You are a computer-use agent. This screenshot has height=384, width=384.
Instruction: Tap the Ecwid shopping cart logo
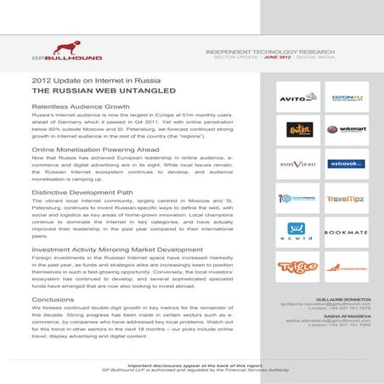tap(297, 231)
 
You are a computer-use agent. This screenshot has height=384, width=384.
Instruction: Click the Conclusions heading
tap(52, 299)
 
